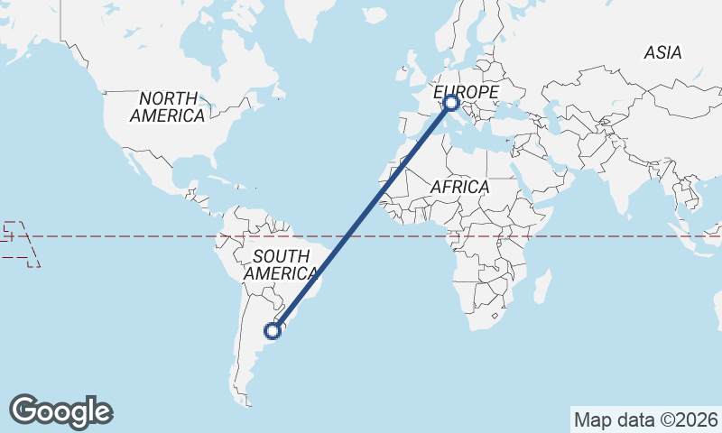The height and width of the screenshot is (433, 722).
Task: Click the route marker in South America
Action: [273, 331]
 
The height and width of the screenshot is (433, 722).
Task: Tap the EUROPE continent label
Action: [466, 93]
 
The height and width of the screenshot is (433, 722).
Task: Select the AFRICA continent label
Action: [459, 187]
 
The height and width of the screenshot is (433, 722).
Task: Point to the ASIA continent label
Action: [662, 53]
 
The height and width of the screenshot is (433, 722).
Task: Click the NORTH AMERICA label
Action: [167, 107]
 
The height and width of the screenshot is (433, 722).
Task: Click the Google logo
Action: [60, 411]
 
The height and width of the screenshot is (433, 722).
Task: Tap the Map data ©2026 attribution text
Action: [646, 419]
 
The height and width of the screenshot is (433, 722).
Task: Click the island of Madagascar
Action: [542, 290]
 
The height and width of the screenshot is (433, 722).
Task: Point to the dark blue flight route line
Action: [361, 218]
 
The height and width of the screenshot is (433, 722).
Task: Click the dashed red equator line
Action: [135, 236]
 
